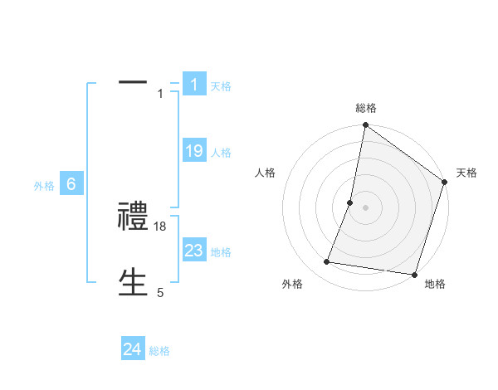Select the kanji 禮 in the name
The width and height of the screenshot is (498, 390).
(133, 217)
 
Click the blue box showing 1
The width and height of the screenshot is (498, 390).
(194, 84)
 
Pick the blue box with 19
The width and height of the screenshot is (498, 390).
(194, 151)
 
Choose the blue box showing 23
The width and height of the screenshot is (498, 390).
(194, 251)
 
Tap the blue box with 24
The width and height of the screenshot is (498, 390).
(133, 350)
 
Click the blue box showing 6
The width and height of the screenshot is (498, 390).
(71, 185)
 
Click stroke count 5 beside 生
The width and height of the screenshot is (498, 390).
(160, 293)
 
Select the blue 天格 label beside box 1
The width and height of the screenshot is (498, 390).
(221, 85)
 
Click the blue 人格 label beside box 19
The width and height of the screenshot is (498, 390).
(221, 153)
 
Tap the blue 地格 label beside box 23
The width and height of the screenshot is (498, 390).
(221, 252)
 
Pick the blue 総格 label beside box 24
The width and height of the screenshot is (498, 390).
(159, 352)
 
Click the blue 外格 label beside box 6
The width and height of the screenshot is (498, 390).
(44, 187)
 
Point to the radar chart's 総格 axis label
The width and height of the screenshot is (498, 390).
(365, 108)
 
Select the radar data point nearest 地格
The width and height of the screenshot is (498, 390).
(414, 275)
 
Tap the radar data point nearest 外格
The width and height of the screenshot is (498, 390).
(327, 262)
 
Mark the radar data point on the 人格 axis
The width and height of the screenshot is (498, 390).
(350, 202)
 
